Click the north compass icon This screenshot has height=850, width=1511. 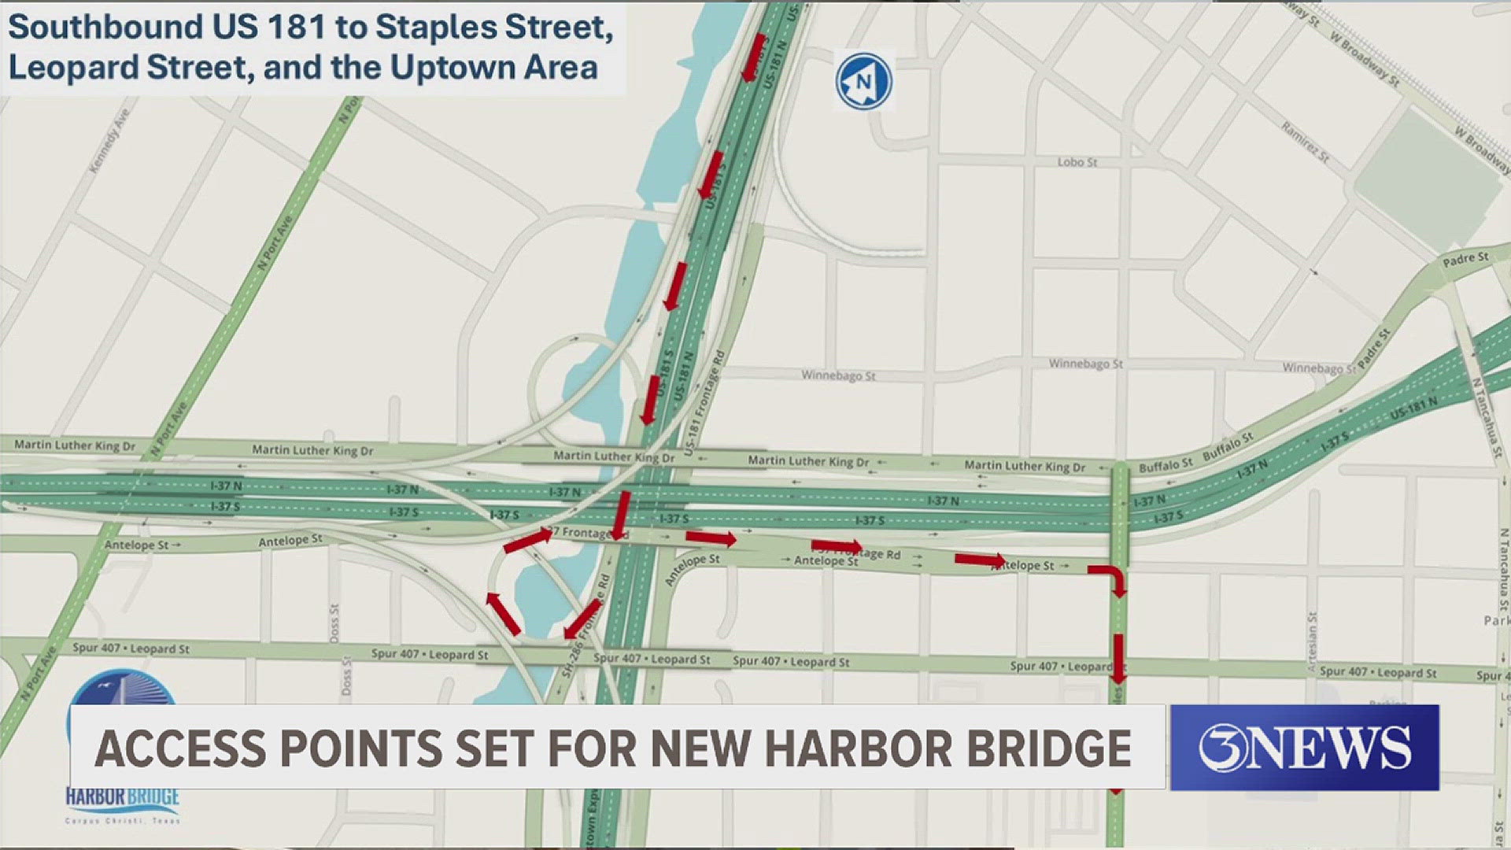pyautogui.click(x=863, y=81)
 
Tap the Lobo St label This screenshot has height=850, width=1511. pyautogui.click(x=1077, y=162)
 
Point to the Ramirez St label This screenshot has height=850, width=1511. pyautogui.click(x=1305, y=142)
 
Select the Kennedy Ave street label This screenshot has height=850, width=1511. pyautogui.click(x=109, y=141)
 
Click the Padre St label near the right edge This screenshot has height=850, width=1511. pyautogui.click(x=1465, y=259)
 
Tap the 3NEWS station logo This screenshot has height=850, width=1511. pyautogui.click(x=1304, y=748)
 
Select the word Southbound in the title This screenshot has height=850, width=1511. pyautogui.click(x=105, y=28)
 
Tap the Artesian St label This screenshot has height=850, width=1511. pyautogui.click(x=1311, y=641)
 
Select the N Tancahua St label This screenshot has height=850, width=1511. pyautogui.click(x=1487, y=417)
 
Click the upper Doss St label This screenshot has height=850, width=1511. pyautogui.click(x=334, y=622)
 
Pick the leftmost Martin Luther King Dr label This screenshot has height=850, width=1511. pyautogui.click(x=75, y=445)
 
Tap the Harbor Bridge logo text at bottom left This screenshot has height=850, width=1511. pyautogui.click(x=123, y=797)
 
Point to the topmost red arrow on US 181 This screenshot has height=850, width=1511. pyautogui.click(x=754, y=57)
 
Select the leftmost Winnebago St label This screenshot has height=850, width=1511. pyautogui.click(x=838, y=375)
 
